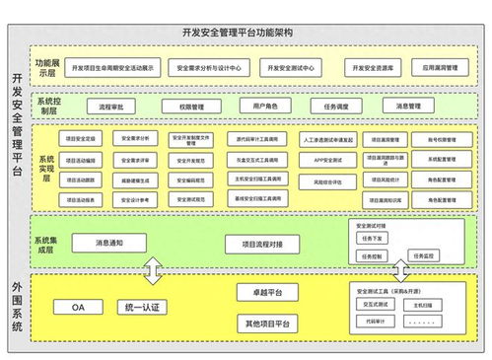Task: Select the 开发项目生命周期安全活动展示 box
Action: pyautogui.click(x=115, y=68)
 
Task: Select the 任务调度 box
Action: pyautogui.click(x=332, y=106)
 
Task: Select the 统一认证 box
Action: pyautogui.click(x=142, y=307)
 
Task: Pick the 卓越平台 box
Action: pyautogui.click(x=267, y=293)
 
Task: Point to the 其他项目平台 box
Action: pyautogui.click(x=267, y=323)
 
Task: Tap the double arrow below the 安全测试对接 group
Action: pyautogui.click(x=400, y=269)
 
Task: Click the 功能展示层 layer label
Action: pyautogui.click(x=47, y=67)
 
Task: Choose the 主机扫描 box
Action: pyautogui.click(x=423, y=305)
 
